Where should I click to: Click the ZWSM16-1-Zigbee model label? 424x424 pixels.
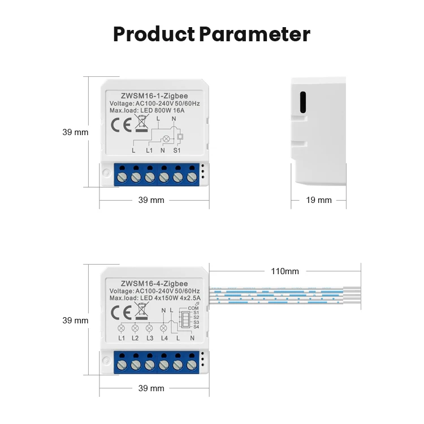click(154, 96)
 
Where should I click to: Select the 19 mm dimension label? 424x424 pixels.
click(319, 200)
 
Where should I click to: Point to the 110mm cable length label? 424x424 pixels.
click(285, 271)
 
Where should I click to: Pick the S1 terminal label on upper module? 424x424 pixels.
click(177, 151)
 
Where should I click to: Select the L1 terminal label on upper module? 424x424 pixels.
click(149, 151)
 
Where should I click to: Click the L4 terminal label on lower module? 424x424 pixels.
click(164, 338)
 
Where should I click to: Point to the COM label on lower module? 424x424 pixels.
click(193, 308)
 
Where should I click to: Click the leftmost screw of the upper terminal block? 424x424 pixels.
click(122, 178)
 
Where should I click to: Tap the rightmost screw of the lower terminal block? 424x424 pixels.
click(192, 365)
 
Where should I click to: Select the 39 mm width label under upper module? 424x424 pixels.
click(152, 200)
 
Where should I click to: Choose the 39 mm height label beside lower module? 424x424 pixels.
click(75, 320)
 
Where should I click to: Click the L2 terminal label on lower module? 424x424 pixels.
click(135, 338)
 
